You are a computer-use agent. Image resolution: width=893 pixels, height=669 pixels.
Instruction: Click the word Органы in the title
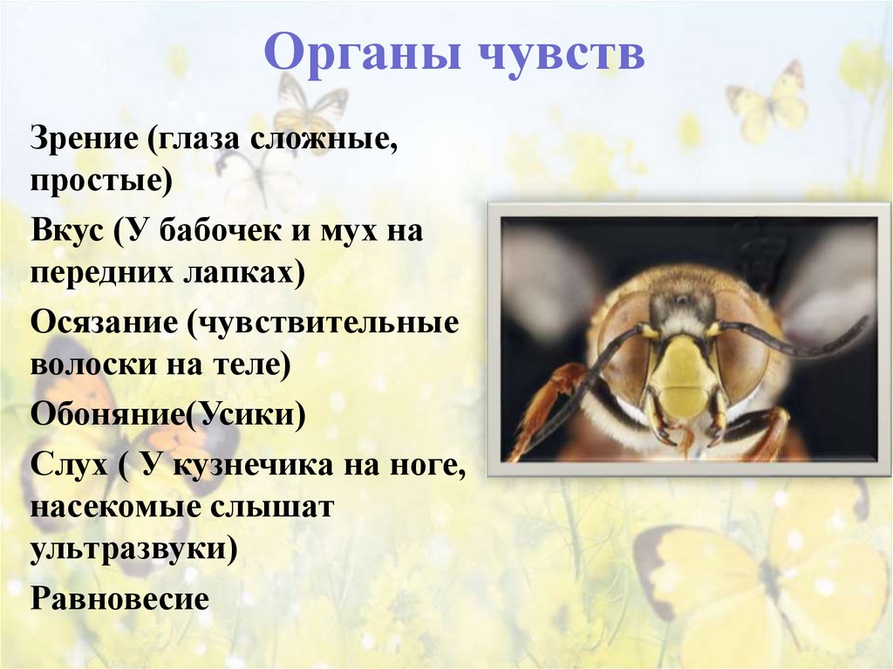[361, 54]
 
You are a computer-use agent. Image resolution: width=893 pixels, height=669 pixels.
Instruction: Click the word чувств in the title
[559, 54]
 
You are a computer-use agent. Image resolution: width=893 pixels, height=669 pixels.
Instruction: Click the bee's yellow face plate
[684, 374]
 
